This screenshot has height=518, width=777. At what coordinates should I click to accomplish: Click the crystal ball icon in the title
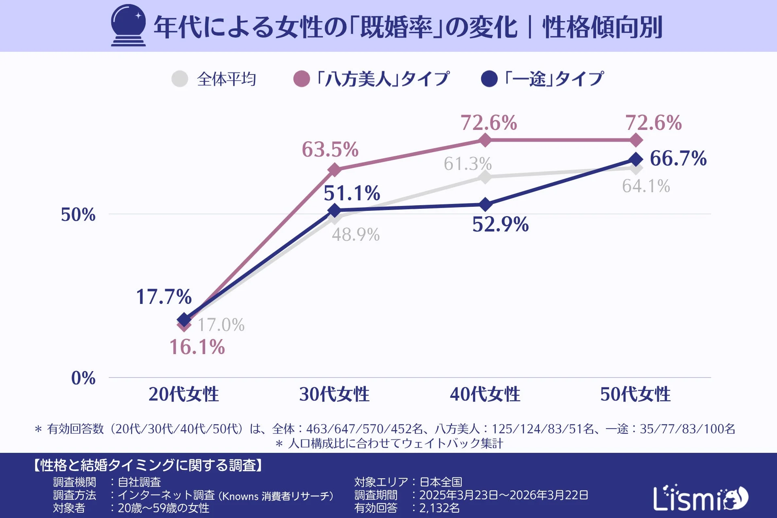pyautogui.click(x=128, y=25)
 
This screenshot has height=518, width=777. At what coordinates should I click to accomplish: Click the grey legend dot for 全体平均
pyautogui.click(x=180, y=79)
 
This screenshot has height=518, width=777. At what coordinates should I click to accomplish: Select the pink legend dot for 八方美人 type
pyautogui.click(x=301, y=79)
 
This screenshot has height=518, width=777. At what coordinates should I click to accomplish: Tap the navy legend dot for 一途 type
pyautogui.click(x=489, y=79)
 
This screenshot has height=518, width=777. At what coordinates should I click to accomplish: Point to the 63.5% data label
pyautogui.click(x=330, y=149)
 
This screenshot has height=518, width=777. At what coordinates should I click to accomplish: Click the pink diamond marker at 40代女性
pyautogui.click(x=485, y=140)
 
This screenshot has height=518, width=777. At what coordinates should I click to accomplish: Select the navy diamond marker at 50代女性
pyautogui.click(x=636, y=159)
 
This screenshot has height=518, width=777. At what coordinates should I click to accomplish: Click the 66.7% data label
pyautogui.click(x=678, y=158)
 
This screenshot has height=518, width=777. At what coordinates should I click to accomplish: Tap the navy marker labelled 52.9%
pyautogui.click(x=485, y=205)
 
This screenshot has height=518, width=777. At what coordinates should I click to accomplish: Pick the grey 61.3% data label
pyautogui.click(x=467, y=164)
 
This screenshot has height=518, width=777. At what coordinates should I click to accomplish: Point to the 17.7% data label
pyautogui.click(x=164, y=297)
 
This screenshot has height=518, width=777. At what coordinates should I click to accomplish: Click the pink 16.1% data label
pyautogui.click(x=197, y=347)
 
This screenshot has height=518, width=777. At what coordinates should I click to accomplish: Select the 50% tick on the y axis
pyautogui.click(x=78, y=214)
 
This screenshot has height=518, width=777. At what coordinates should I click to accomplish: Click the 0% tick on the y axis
pyautogui.click(x=83, y=378)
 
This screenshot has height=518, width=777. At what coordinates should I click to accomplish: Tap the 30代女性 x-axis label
pyautogui.click(x=334, y=394)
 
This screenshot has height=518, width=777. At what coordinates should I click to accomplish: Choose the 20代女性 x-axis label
pyautogui.click(x=183, y=394)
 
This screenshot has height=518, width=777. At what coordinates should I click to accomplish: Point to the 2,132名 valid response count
pyautogui.click(x=439, y=508)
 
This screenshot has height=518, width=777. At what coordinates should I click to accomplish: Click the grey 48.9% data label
pyautogui.click(x=356, y=235)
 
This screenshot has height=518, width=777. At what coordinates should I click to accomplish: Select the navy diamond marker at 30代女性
pyautogui.click(x=334, y=210)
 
